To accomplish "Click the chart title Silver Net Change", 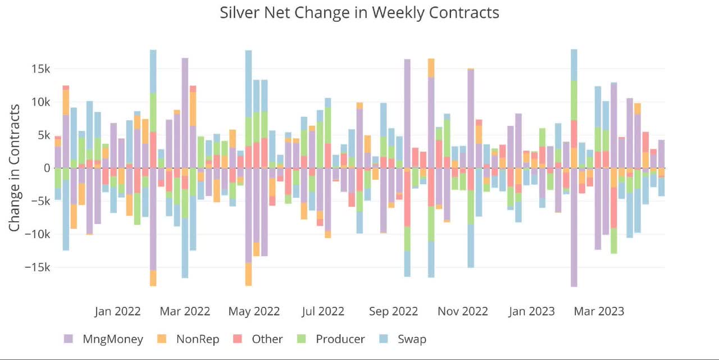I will pos(359,12).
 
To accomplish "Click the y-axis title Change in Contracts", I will pos(16,167).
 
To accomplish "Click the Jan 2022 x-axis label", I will pos(117,311).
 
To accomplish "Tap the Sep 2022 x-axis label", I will pos(393,311).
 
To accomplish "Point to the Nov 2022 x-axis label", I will pos(463,311).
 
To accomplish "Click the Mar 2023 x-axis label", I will pos(599,311).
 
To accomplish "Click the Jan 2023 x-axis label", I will pos(531,311).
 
